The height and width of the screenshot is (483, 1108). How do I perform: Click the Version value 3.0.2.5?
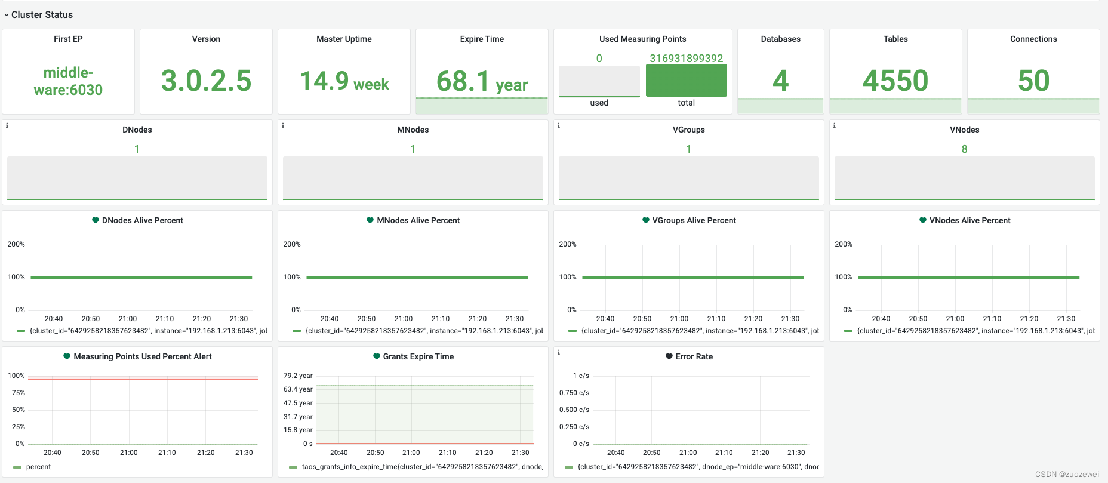206,81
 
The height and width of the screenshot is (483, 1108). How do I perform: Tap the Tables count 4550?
895,81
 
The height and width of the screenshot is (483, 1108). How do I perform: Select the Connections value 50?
1033,81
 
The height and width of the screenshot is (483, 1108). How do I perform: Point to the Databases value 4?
780,81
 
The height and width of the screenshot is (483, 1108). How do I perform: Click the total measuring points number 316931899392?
687,58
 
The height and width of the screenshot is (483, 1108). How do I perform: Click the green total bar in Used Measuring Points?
687,80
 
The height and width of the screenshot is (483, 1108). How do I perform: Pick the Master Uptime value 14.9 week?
344,81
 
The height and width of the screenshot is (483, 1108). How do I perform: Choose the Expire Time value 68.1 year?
482,82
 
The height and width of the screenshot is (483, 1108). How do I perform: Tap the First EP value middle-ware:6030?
68,81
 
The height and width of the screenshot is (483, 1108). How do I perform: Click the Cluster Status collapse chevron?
7,15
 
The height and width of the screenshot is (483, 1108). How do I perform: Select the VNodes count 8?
964,149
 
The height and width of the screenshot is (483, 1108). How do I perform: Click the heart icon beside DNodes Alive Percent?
95,220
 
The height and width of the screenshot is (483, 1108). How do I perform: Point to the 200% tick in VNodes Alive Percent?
843,244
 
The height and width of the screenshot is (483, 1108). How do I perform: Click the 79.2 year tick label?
298,376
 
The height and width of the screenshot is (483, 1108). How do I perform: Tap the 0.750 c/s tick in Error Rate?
574,393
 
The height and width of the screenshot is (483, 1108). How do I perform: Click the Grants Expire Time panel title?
418,356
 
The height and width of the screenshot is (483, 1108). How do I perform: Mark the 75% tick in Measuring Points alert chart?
19,393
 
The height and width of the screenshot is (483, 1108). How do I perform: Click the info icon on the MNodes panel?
282,125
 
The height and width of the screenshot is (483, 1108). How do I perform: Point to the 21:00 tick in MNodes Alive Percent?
404,319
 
